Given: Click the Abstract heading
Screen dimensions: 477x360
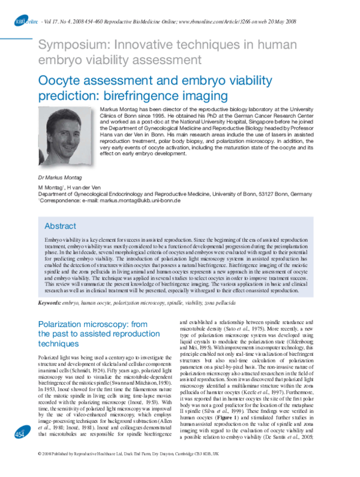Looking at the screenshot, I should [x=61, y=226].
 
